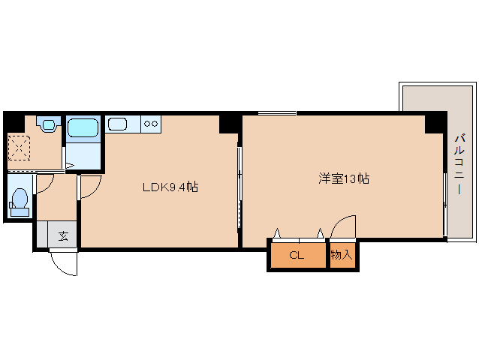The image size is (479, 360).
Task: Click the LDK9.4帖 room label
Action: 170,187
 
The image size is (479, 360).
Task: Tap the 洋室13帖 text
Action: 343,179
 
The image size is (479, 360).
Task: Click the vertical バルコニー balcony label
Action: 459,164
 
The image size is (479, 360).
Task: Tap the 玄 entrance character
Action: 63,236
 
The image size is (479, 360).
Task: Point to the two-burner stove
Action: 151,124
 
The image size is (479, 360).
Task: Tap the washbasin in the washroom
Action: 50,124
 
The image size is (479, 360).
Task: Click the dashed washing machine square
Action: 19,146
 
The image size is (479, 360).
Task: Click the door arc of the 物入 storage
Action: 345,227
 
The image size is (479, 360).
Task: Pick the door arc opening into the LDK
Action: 90,188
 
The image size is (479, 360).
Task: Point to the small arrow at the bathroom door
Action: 68,166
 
